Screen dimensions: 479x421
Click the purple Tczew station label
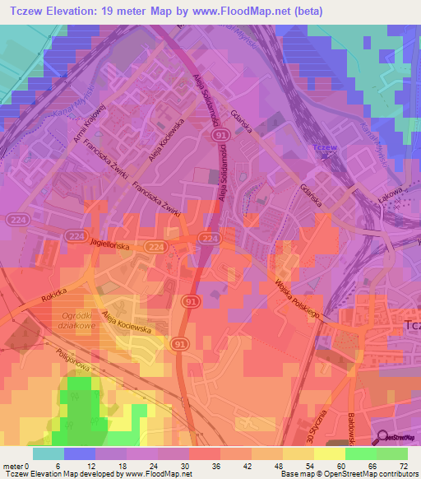[x=326, y=148]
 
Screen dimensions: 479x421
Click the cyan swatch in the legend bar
[x=49, y=453]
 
